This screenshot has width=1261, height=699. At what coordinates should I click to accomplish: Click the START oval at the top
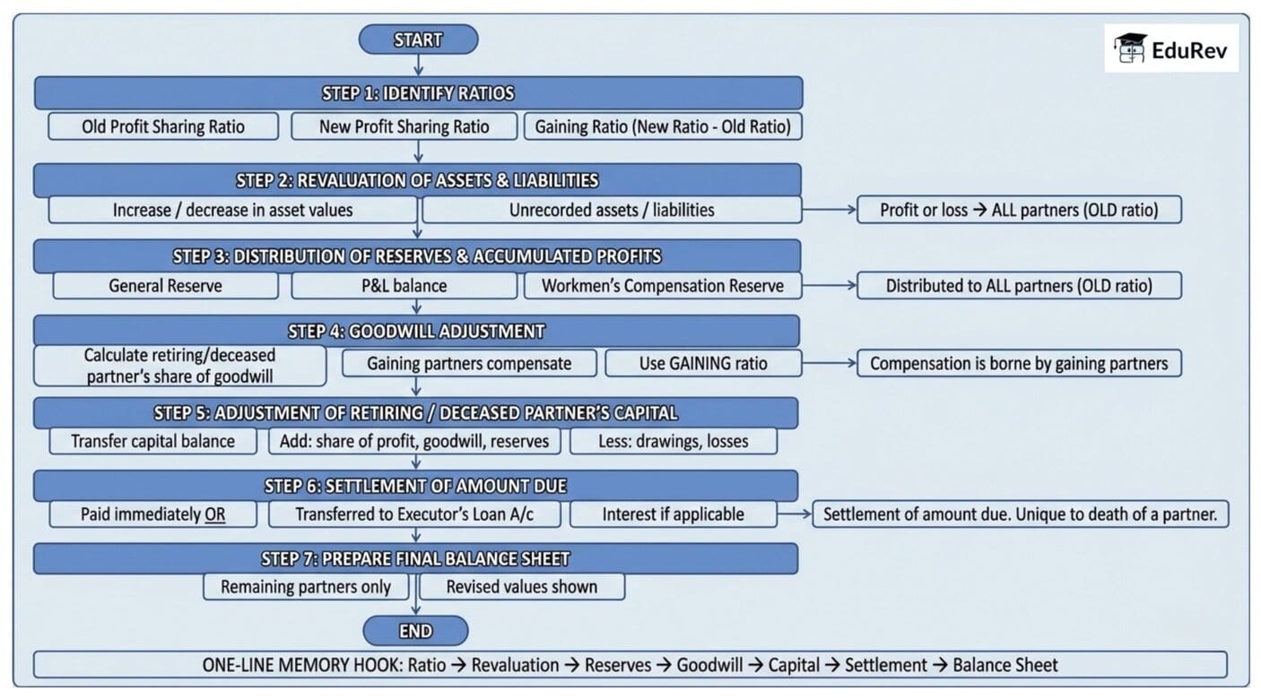418,39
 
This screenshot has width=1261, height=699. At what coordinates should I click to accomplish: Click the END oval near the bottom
415,631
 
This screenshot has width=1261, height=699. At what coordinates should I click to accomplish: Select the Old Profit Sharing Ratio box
162,126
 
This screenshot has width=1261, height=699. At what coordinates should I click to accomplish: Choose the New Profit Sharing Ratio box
404,126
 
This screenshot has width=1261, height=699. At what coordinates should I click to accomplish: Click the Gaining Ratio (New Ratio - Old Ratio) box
662,126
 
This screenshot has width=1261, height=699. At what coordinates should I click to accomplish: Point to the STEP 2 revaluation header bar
417,180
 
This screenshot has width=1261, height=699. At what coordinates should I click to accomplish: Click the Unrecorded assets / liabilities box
612,210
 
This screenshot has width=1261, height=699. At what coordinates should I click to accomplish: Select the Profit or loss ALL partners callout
1019,210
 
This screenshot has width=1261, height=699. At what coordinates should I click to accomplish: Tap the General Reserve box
166,286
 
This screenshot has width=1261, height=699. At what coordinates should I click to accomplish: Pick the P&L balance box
404,286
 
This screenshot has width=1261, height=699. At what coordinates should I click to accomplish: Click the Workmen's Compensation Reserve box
662,286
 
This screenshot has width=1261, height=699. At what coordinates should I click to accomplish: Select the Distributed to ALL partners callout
1019,286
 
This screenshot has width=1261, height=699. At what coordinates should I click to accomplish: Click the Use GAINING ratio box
702,363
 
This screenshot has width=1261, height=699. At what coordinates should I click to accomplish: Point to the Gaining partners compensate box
469,363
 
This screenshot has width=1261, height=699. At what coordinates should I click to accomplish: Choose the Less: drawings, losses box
673,441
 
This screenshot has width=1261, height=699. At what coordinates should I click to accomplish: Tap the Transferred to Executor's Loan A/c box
414,514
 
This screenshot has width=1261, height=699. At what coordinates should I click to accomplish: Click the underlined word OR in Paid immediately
215,514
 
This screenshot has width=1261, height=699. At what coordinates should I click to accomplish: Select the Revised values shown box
521,587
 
